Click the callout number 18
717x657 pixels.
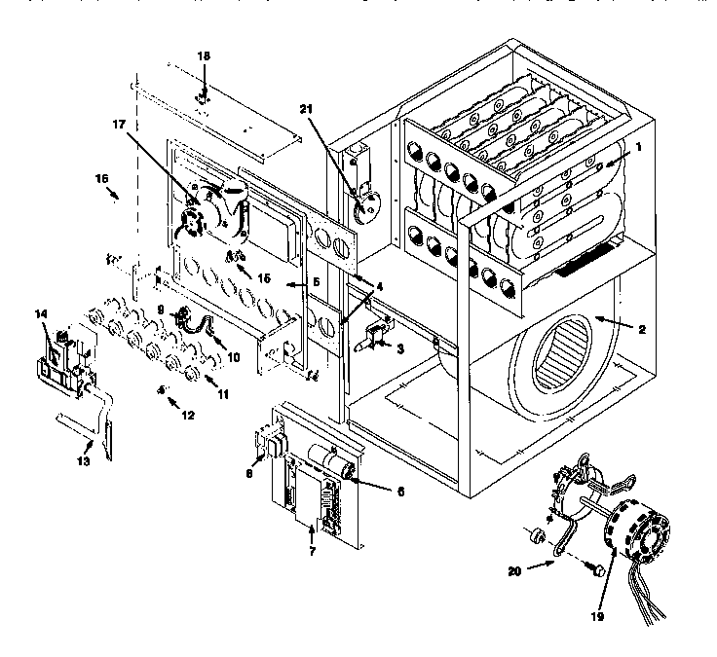203,57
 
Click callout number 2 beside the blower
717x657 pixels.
641,329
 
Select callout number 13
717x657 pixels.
84,460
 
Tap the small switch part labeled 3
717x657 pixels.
372,337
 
